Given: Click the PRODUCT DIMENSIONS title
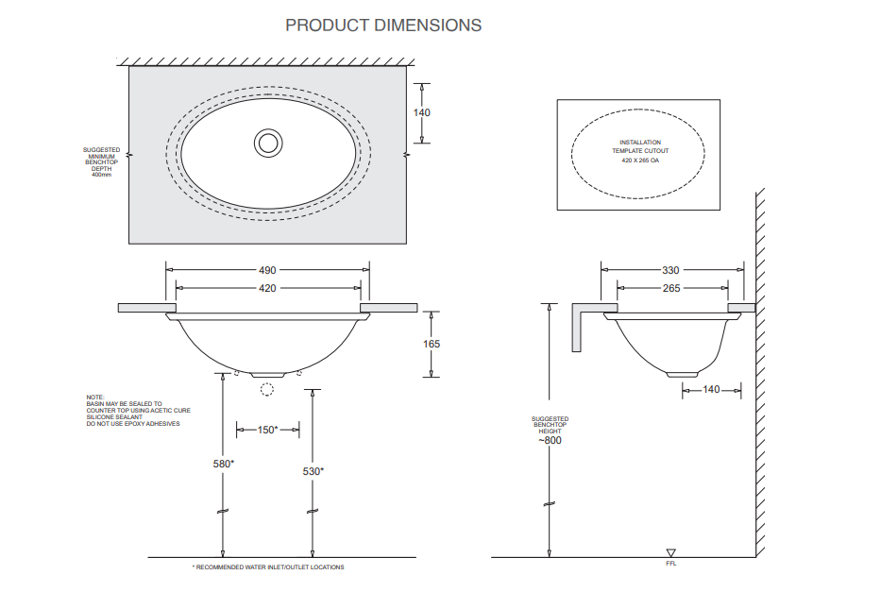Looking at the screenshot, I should click(x=383, y=25).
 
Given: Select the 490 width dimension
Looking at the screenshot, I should click(x=267, y=270).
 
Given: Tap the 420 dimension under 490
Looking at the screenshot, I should click(x=267, y=288).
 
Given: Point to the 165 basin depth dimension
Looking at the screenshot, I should click(x=432, y=344).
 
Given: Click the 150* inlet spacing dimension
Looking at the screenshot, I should click(x=267, y=430).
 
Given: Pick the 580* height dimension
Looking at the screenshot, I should click(x=223, y=464).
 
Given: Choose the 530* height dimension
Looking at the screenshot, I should click(x=313, y=470).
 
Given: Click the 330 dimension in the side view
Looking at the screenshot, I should click(x=670, y=270).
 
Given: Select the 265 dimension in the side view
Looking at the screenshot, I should click(x=670, y=288).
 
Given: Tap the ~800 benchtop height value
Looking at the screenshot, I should click(x=550, y=440).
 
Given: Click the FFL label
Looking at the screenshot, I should click(x=671, y=564).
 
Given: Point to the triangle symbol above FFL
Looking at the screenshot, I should click(x=671, y=553).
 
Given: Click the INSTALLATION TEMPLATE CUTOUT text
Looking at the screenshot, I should click(x=639, y=146).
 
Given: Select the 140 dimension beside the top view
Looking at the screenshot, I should click(x=421, y=112).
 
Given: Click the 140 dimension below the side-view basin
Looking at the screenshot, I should click(x=710, y=389).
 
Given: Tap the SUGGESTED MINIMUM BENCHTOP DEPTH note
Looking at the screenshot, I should click(x=101, y=161).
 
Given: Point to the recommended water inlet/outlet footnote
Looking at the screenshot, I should click(x=268, y=567).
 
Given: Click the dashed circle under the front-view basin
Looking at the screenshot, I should click(x=267, y=387).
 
